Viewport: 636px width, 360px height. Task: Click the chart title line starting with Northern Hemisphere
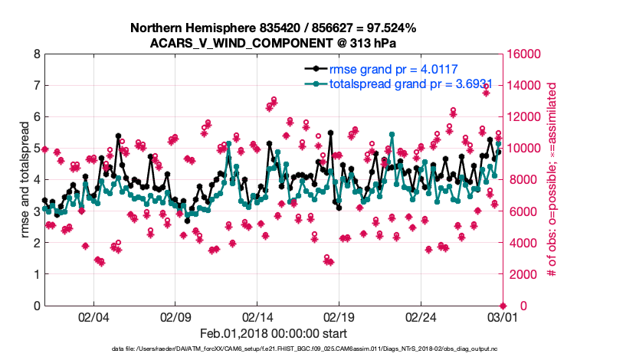[273, 28]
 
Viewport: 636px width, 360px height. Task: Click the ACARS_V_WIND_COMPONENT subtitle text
[273, 43]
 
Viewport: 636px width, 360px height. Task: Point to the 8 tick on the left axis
[36, 54]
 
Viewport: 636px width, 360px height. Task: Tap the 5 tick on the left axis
[36, 149]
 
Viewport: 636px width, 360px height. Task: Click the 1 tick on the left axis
[36, 274]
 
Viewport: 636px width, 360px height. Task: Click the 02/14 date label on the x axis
[257, 316]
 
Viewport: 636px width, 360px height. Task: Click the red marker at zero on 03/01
[503, 305]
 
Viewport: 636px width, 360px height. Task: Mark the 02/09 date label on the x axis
[175, 316]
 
